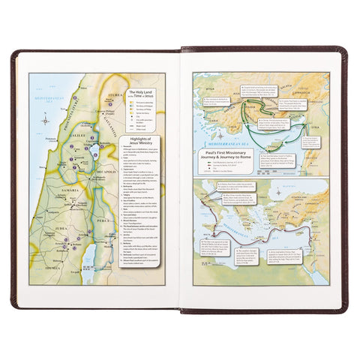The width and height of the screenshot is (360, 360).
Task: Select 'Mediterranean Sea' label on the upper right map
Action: click(x=259, y=139)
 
